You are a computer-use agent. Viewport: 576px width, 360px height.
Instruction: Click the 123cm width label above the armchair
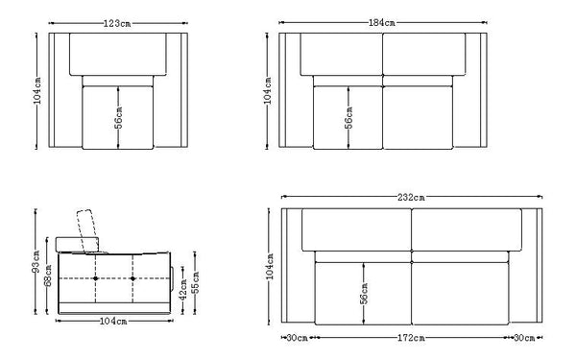tap(118, 23)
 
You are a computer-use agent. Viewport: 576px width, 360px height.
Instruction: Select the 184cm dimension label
tap(384, 23)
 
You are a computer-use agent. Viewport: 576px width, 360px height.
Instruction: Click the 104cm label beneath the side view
tap(113, 322)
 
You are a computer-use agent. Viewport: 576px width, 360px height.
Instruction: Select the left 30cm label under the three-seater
tap(298, 338)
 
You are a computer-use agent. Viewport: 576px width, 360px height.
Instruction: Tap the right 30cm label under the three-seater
tap(523, 338)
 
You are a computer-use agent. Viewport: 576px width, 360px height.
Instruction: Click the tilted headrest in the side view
tap(90, 229)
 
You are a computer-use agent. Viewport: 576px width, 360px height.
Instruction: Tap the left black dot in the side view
tap(97, 278)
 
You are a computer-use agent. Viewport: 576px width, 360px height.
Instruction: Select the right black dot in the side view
tap(132, 278)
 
